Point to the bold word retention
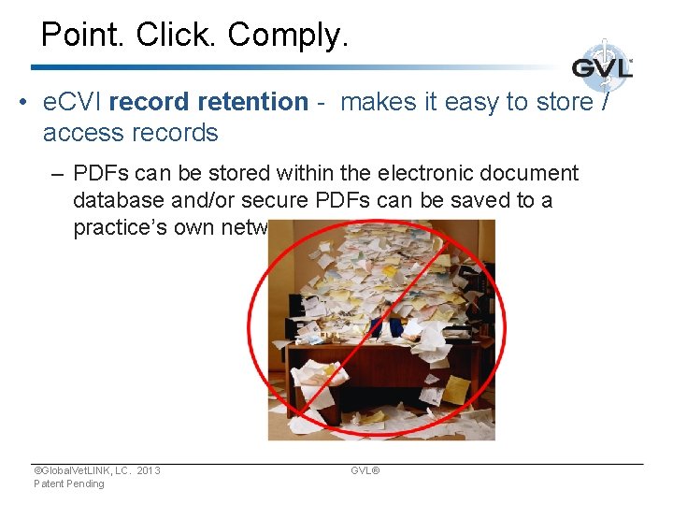click(x=255, y=102)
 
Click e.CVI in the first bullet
click(x=72, y=102)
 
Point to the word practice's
click(x=119, y=228)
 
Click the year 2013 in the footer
click(x=148, y=470)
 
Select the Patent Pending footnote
click(x=69, y=483)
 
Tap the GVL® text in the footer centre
click(x=365, y=470)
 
